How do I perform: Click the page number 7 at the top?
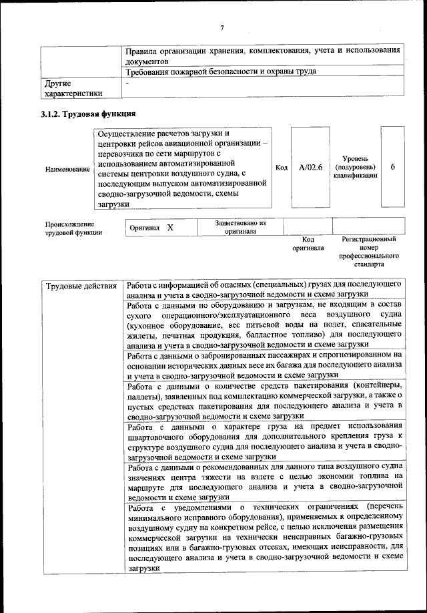pos(222,27)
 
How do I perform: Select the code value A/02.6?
pos(310,167)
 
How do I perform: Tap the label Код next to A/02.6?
pos(282,167)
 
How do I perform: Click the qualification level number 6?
pos(392,167)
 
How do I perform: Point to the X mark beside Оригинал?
pos(170,228)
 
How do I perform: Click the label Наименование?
pos(67,170)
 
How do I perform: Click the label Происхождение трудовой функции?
pos(73,228)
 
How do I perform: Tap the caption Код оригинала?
pos(308,243)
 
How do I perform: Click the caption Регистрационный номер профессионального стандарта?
pos(368,251)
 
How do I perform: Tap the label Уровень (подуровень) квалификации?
pos(355,167)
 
